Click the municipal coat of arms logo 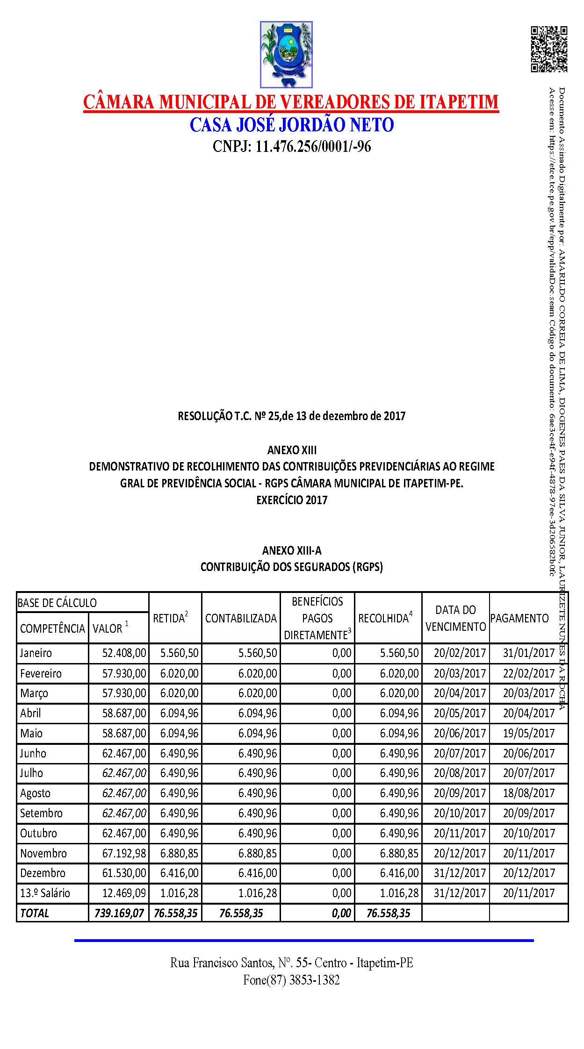coord(286,54)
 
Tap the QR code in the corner coord(548,49)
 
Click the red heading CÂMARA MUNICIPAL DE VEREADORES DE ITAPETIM coord(291,102)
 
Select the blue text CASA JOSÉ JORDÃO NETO coord(292,125)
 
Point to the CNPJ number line coord(292,147)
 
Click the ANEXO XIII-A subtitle coord(292,550)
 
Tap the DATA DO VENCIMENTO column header coord(455,618)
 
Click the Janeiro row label coord(36,653)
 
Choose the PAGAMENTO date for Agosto coord(528,793)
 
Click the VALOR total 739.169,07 coord(119,913)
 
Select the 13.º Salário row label coord(45,893)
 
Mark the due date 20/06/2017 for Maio coord(460,733)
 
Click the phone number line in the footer coord(291,980)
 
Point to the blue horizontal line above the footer coord(304,940)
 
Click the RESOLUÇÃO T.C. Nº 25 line coord(291,415)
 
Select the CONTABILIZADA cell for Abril coord(257,713)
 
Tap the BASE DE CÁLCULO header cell coord(57,603)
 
